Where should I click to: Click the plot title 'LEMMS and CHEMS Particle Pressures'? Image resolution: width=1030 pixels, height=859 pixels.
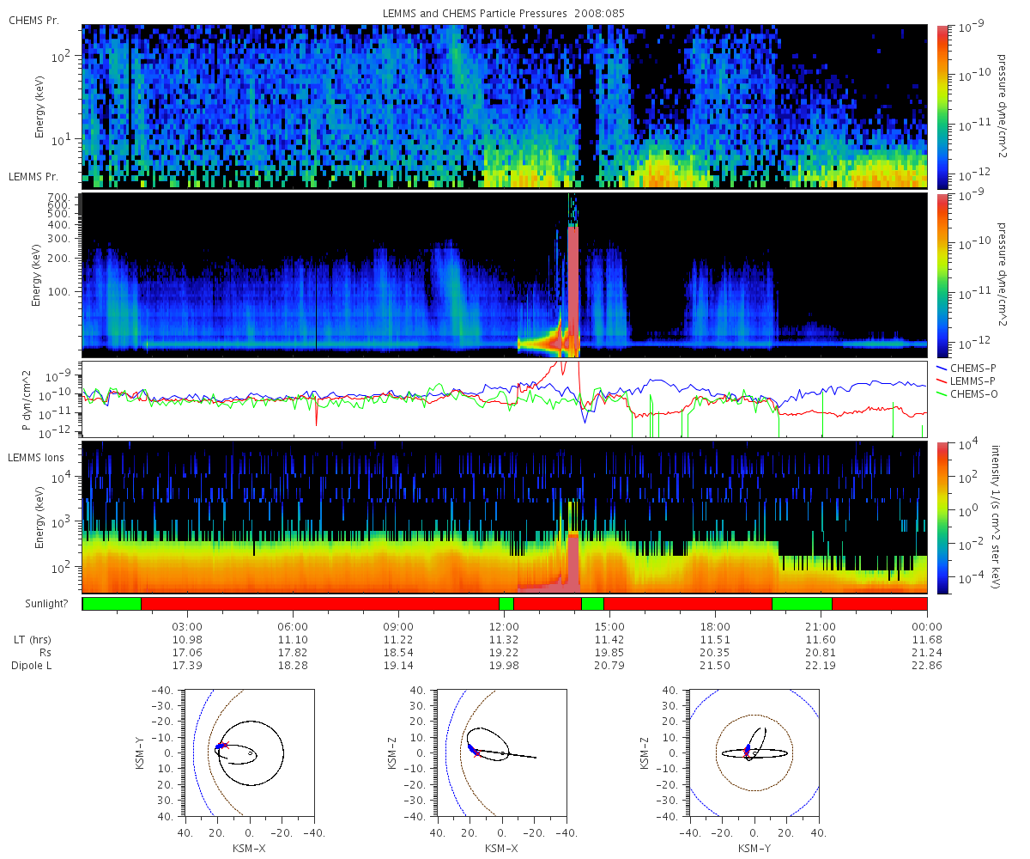click(475, 14)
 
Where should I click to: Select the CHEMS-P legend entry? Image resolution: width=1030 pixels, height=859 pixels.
click(966, 369)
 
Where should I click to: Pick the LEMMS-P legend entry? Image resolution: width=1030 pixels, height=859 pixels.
click(966, 381)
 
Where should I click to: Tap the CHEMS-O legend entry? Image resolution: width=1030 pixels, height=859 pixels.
click(966, 394)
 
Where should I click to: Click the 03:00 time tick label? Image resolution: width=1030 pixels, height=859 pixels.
click(187, 626)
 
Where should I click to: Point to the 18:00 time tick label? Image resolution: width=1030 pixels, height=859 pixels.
click(715, 626)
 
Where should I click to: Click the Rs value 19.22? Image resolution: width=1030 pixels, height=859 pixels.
click(504, 652)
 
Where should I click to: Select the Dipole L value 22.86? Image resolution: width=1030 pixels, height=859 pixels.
click(926, 665)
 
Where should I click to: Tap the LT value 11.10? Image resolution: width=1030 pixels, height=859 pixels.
click(293, 639)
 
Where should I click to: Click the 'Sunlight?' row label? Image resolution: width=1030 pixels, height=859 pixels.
click(46, 604)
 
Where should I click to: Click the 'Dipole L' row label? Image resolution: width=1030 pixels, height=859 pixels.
click(31, 666)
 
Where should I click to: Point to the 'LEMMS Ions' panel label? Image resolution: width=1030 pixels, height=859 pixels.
click(35, 458)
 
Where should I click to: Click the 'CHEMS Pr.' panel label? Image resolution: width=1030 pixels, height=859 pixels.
click(33, 21)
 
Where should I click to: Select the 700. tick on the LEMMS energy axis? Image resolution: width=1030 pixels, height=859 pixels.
click(58, 198)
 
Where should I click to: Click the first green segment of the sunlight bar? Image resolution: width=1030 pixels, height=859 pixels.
click(112, 604)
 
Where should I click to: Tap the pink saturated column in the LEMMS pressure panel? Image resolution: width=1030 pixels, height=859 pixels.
click(573, 291)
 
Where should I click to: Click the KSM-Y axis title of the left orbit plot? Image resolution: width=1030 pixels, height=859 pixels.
click(140, 753)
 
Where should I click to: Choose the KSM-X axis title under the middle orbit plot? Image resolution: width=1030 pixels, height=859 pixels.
click(501, 848)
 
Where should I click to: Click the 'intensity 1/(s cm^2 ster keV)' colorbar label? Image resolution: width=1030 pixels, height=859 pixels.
click(996, 517)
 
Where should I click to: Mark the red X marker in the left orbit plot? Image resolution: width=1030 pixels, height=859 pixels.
click(225, 745)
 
